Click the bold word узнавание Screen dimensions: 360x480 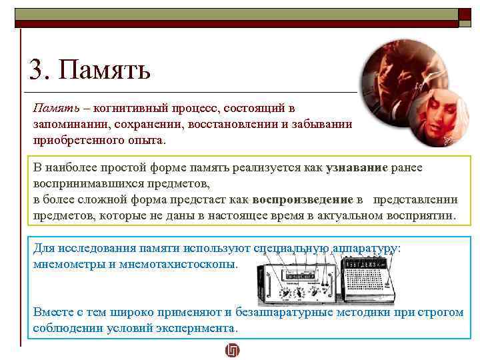click(357, 168)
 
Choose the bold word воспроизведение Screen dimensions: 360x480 click(303, 199)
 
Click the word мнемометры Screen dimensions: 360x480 click(66, 263)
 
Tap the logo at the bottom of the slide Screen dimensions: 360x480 click(232, 350)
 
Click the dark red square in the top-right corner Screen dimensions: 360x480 click(465, 14)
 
